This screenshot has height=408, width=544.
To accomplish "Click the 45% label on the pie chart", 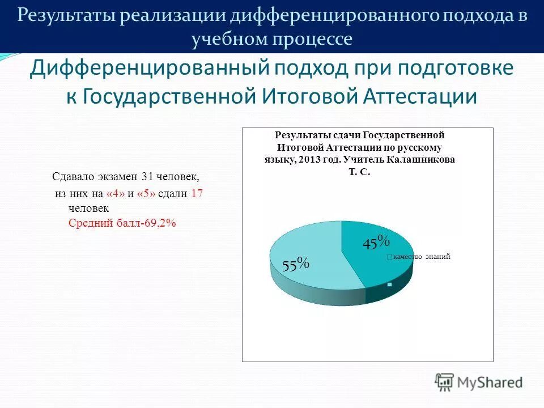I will [x=376, y=242].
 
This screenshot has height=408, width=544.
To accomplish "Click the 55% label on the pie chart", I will [x=296, y=263].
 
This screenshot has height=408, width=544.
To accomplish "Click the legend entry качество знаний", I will [x=421, y=257].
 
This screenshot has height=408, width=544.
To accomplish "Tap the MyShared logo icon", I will [x=445, y=382].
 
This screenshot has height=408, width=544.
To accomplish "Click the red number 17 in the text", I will [x=197, y=193].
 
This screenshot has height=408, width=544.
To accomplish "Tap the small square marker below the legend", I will [x=390, y=284].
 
